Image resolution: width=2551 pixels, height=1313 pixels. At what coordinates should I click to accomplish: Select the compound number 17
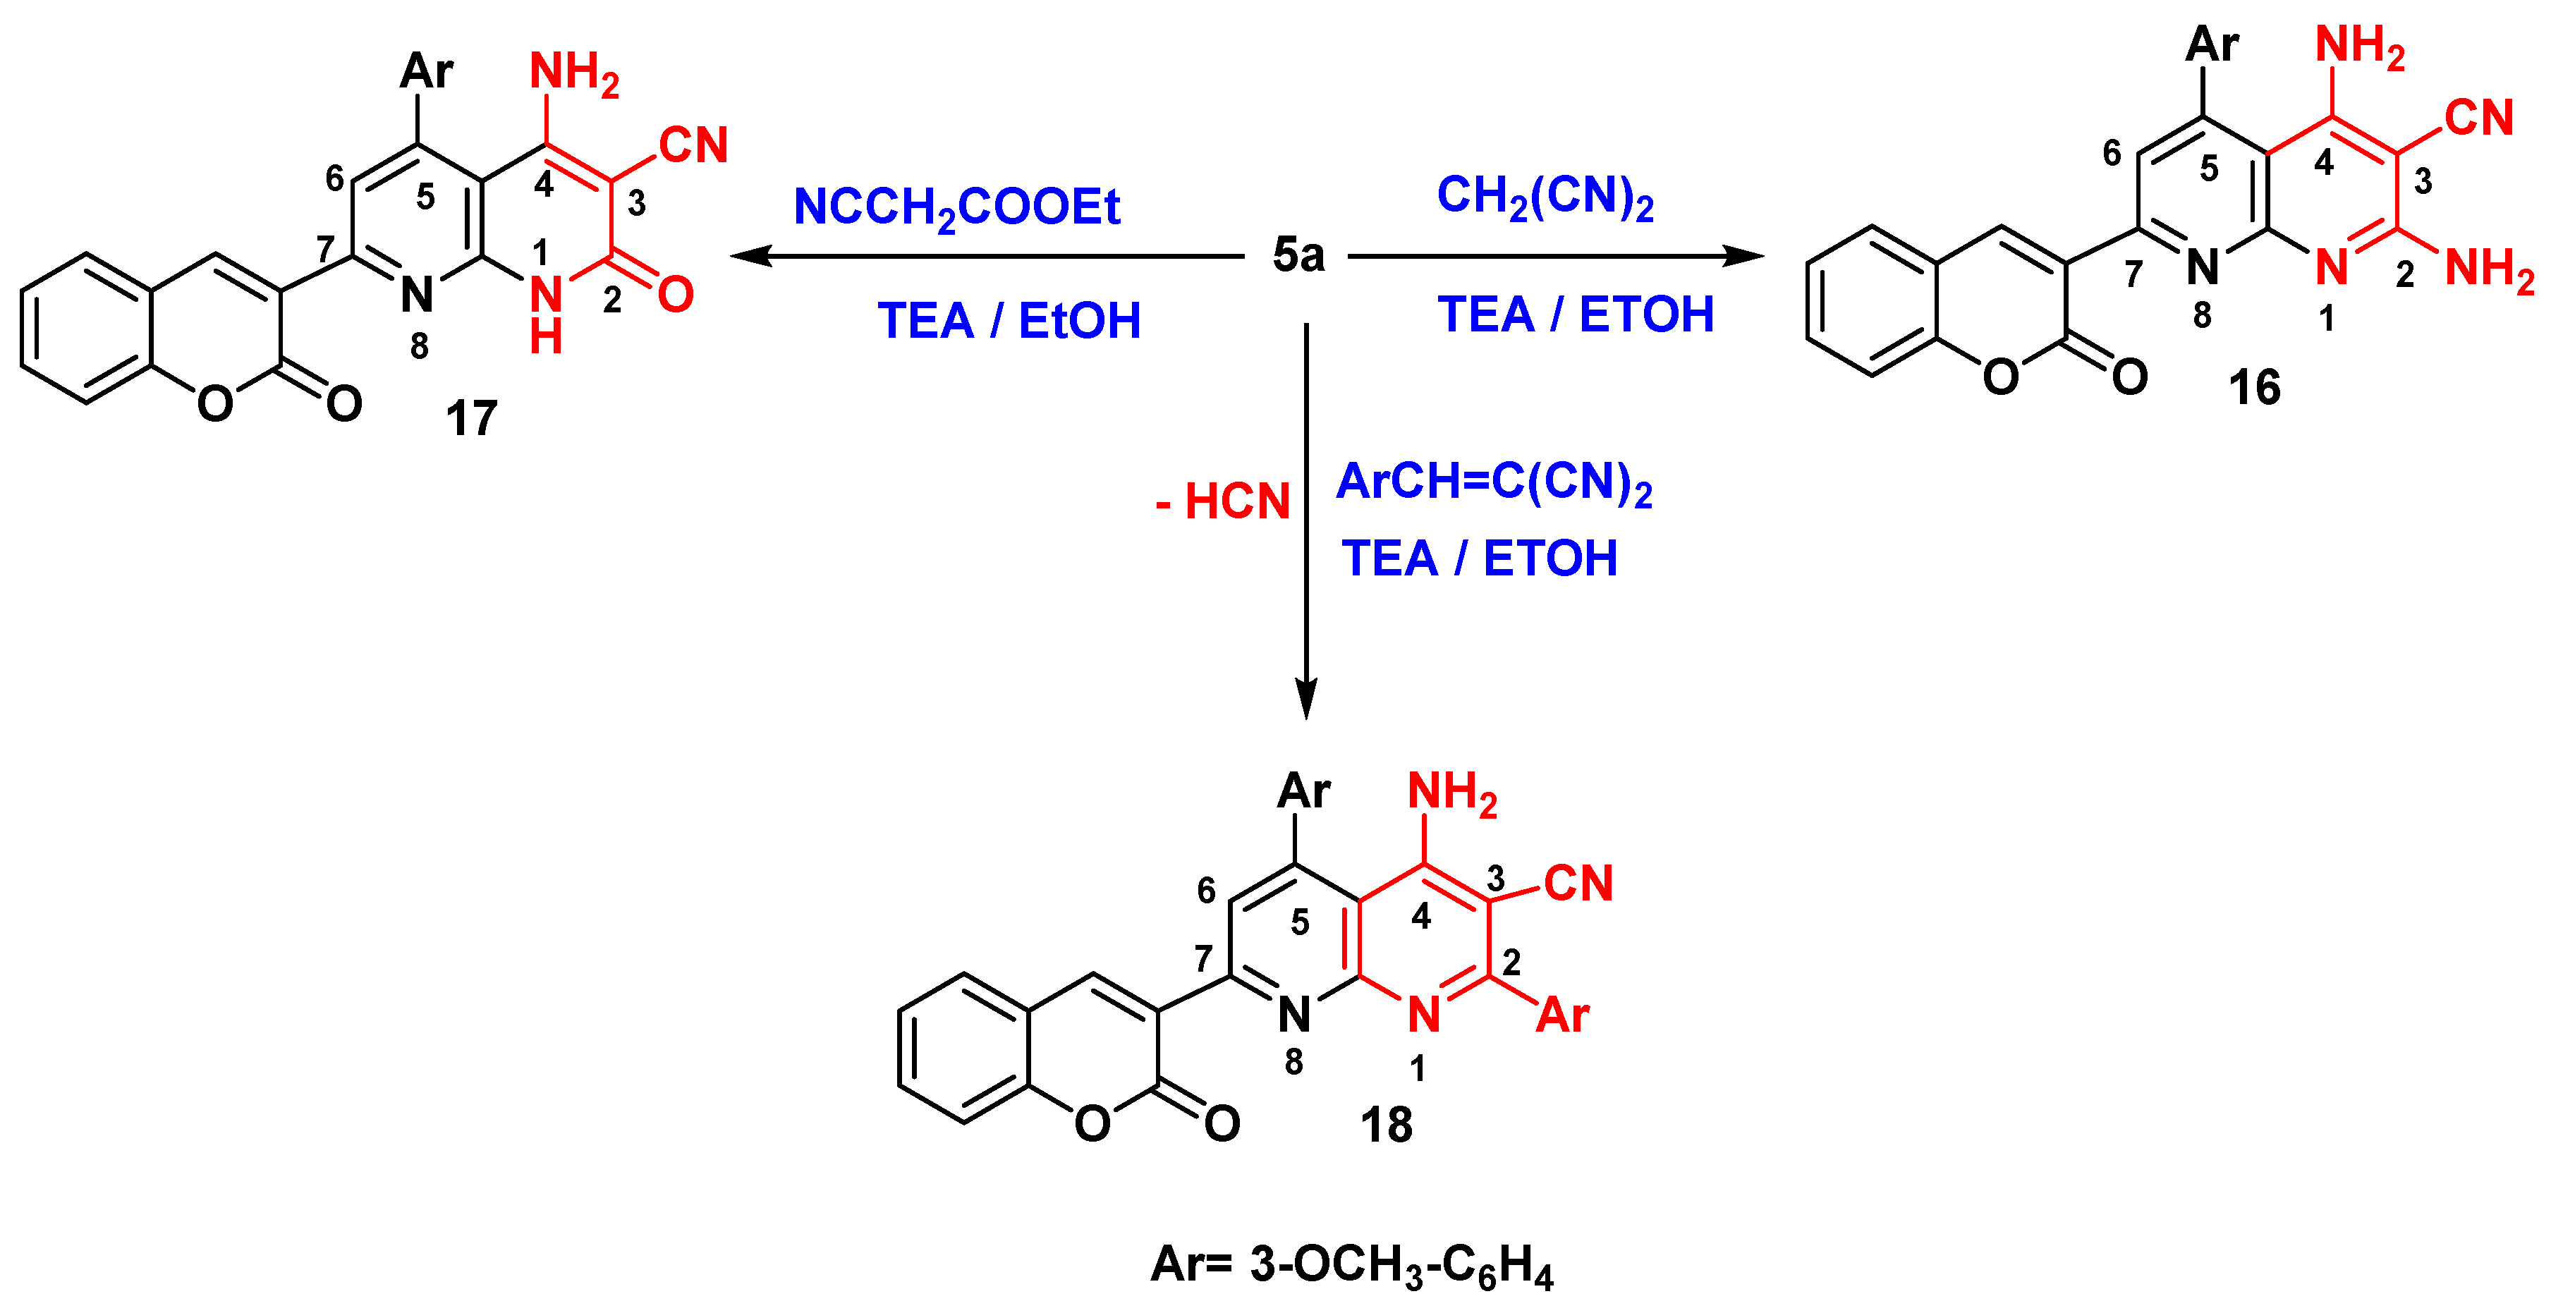click(471, 419)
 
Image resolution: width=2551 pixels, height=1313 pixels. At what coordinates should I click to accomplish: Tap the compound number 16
click(2254, 387)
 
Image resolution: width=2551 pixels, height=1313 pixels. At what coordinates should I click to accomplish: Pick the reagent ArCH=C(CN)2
click(1493, 483)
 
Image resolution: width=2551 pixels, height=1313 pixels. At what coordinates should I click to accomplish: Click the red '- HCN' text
click(1223, 501)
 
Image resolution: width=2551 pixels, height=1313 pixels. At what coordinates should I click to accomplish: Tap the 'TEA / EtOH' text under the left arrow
click(1008, 321)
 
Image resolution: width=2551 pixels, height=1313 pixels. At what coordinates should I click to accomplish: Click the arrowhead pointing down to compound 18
click(1306, 697)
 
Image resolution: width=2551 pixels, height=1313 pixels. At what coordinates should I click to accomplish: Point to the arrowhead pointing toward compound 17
click(750, 257)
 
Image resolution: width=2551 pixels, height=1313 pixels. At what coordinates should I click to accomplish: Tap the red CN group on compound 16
click(2478, 118)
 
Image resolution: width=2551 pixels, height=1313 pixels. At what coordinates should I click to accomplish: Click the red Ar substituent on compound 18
click(1561, 1015)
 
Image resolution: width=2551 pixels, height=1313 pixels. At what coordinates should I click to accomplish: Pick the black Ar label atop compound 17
click(426, 71)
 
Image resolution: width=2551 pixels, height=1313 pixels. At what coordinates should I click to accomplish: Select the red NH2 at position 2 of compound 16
click(2490, 269)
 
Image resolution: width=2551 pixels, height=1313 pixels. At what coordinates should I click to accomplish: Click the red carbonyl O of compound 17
click(676, 294)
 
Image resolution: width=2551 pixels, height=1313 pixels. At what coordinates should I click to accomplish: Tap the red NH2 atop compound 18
click(1451, 793)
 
